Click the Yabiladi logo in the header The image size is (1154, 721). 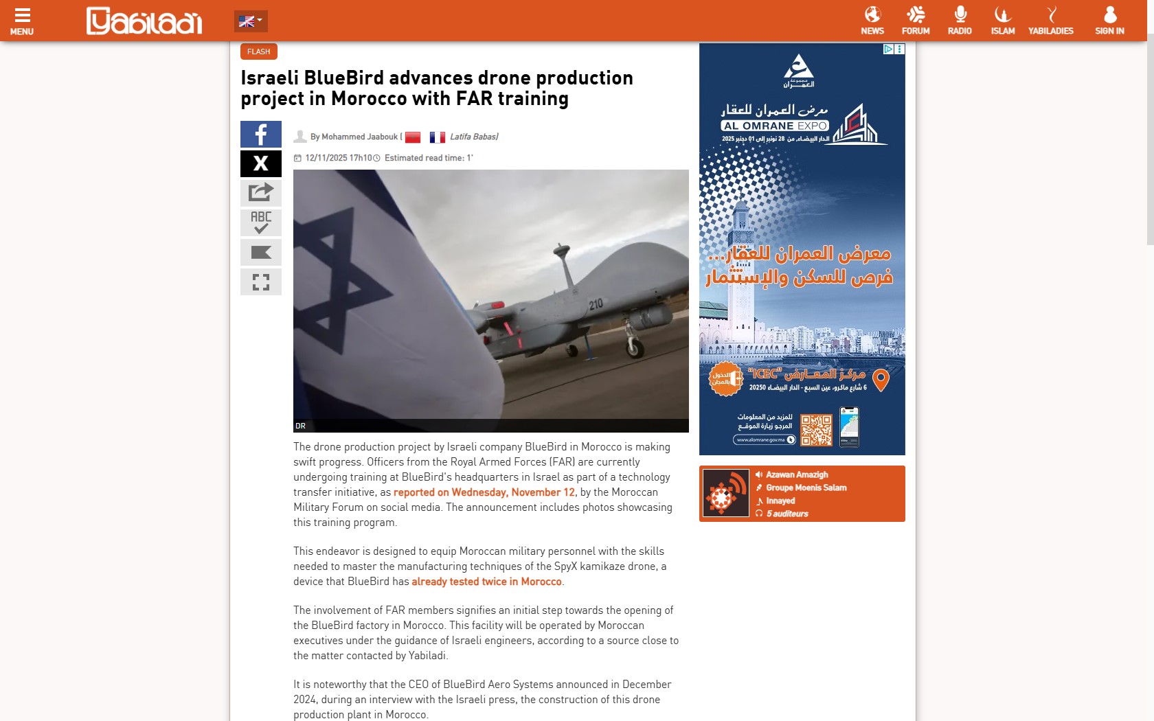click(144, 21)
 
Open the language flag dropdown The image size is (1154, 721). click(250, 21)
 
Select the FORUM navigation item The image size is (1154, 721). click(916, 21)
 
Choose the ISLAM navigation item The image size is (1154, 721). click(1003, 21)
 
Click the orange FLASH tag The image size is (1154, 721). click(259, 51)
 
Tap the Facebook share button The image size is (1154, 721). click(261, 135)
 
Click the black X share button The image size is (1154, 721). click(261, 163)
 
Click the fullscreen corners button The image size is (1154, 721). click(261, 282)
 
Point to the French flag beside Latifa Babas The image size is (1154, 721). click(438, 137)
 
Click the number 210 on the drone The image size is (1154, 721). click(596, 304)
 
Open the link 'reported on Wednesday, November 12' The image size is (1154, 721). click(484, 492)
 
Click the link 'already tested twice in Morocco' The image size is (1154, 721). click(486, 582)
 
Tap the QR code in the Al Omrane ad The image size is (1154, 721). click(816, 430)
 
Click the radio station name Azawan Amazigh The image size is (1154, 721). click(797, 474)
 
